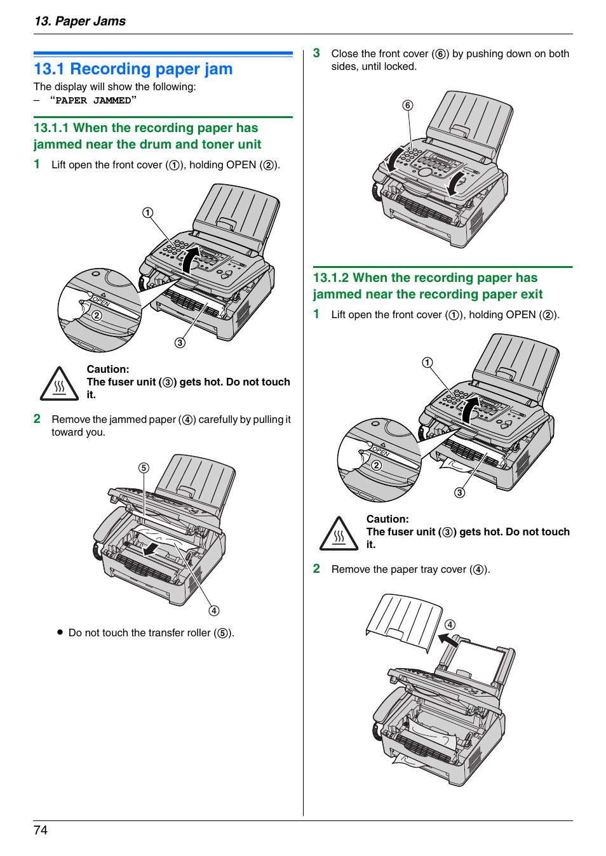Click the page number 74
(41, 830)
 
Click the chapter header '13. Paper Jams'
(80, 21)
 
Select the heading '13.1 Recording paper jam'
(133, 69)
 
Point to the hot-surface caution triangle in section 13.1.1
(59, 384)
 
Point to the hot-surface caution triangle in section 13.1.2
(339, 534)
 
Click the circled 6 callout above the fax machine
(408, 105)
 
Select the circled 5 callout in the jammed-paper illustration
(144, 468)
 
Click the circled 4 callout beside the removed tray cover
(450, 625)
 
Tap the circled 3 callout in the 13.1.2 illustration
(460, 493)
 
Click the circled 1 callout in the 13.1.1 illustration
(147, 213)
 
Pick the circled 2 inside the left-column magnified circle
(97, 316)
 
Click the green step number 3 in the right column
(316, 53)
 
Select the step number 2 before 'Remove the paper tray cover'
(316, 569)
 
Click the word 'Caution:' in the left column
(108, 369)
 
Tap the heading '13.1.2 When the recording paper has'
(425, 278)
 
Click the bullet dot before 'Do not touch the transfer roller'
(60, 632)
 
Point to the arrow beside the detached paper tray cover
(448, 641)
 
